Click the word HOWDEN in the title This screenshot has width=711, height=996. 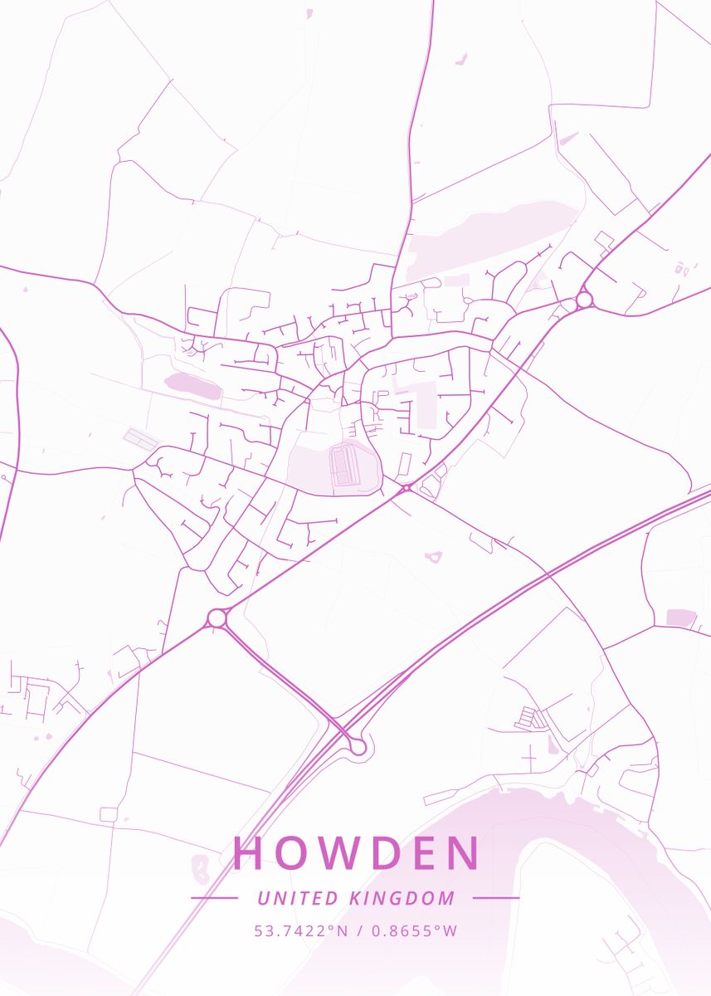click(356, 853)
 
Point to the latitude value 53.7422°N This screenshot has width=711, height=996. click(301, 930)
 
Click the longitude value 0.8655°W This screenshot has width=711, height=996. click(414, 930)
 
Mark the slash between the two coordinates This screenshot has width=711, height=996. click(358, 930)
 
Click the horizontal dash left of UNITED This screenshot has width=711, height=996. click(214, 898)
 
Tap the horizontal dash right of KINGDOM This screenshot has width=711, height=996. click(495, 898)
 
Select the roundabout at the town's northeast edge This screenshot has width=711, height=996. click(584, 299)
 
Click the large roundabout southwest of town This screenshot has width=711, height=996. click(217, 618)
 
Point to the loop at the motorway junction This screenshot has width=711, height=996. click(358, 746)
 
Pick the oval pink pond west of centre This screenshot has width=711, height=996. click(192, 385)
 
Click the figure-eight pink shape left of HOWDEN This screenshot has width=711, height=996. click(200, 867)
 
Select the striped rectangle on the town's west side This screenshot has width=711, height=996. click(139, 439)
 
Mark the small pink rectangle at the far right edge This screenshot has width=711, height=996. click(681, 618)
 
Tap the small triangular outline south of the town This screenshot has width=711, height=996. click(433, 557)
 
